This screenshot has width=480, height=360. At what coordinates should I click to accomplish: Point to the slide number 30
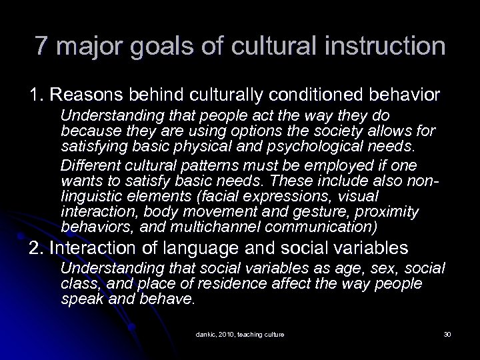[447, 334]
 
